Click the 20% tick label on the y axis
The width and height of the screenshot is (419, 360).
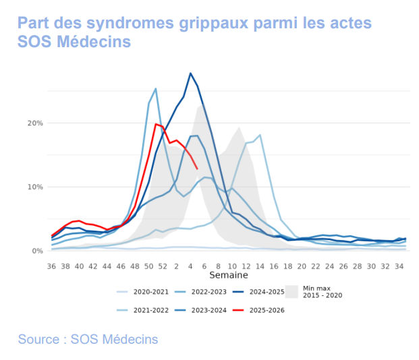click(35, 123)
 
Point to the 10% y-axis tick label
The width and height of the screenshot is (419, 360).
click(35, 187)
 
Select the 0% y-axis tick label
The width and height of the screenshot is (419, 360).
click(37, 251)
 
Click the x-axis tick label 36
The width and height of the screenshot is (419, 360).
click(51, 266)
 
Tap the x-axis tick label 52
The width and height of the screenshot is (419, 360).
click(163, 266)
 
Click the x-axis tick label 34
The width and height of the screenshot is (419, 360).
click(399, 266)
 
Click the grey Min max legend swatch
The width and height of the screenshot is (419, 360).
click(291, 291)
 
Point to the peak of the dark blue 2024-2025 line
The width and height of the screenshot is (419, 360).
click(190, 73)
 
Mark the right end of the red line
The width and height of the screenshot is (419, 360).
click(197, 169)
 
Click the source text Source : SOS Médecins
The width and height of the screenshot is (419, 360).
click(88, 339)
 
